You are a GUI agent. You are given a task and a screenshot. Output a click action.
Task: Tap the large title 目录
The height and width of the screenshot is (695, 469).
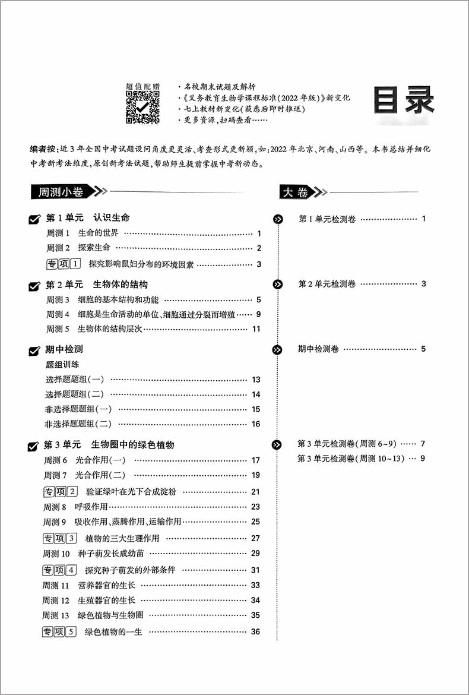point(404,102)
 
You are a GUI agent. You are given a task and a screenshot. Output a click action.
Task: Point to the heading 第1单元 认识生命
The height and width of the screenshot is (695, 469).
point(87,218)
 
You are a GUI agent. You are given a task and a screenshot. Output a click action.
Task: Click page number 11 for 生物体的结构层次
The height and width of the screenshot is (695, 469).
point(256,329)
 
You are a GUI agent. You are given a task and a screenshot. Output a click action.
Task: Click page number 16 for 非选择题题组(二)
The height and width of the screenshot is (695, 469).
point(256,424)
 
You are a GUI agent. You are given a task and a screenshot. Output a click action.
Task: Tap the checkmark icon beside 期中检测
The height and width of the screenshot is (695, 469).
point(34,351)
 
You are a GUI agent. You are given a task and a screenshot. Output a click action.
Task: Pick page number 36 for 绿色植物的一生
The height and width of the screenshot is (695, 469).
point(255,631)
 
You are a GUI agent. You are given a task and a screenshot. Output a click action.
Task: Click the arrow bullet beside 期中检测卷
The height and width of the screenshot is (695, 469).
point(277,349)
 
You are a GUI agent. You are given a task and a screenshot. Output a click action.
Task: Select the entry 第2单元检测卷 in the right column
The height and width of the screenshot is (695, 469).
point(327,284)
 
